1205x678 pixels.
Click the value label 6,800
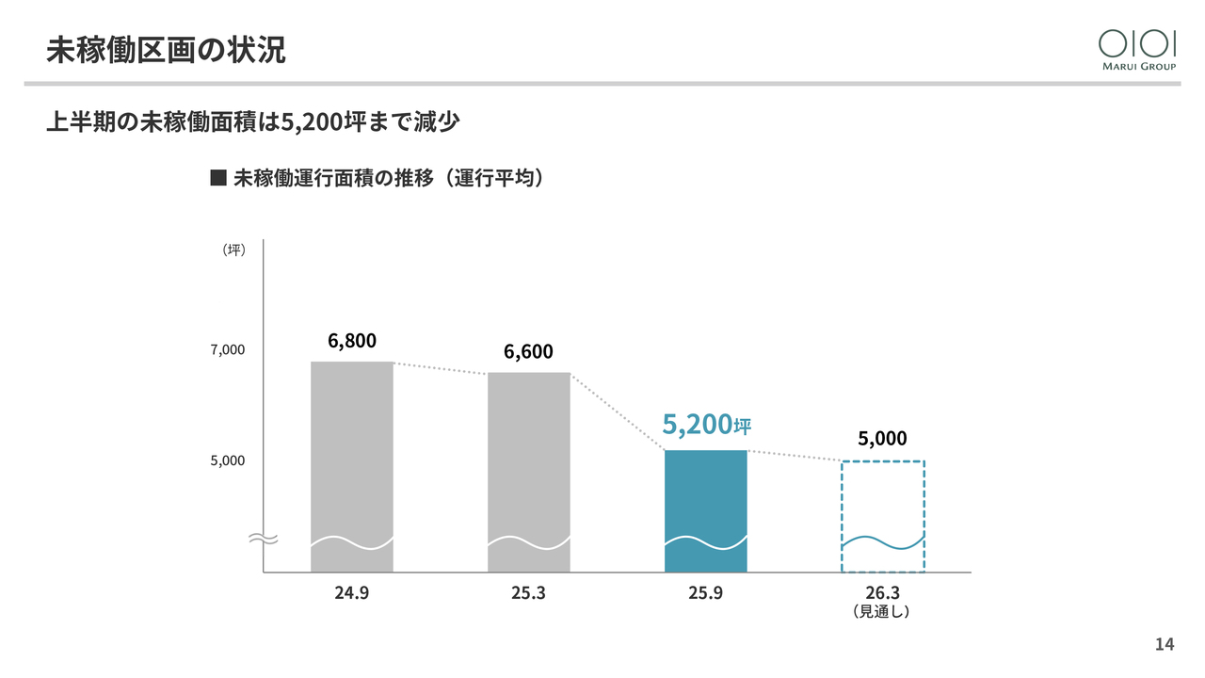pos(352,341)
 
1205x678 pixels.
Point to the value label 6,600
pos(528,352)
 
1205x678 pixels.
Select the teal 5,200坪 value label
pos(706,425)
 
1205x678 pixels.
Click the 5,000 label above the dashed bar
pos(882,439)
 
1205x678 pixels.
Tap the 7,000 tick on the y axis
pos(227,350)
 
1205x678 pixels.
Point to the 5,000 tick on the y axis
pos(227,460)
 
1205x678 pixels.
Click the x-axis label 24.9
pos(351,593)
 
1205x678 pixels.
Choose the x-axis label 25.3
pos(528,593)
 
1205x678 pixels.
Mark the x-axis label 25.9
pos(705,593)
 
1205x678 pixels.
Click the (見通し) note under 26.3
pos(882,612)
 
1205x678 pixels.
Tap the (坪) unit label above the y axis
pos(233,250)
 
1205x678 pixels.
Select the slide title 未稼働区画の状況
pos(166,50)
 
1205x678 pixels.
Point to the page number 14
pos(1165,645)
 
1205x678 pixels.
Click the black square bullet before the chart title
pos(218,177)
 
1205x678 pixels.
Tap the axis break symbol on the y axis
pos(262,540)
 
